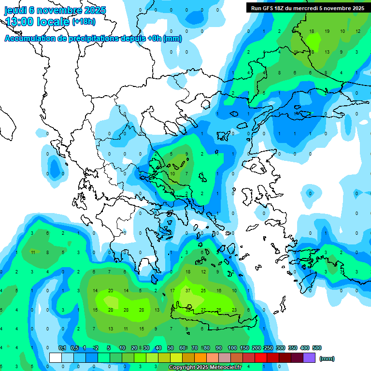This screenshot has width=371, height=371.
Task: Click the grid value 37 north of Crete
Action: click(x=187, y=291)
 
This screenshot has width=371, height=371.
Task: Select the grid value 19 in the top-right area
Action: click(x=327, y=31)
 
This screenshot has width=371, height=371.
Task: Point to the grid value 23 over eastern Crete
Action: click(x=234, y=310)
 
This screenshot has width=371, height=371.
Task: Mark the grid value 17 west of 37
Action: click(x=172, y=291)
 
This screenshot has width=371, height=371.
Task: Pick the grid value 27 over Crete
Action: click(x=203, y=310)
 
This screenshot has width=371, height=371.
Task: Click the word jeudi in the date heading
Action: click(x=15, y=10)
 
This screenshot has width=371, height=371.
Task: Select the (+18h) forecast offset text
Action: click(x=84, y=22)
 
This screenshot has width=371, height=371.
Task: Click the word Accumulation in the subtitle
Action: click(x=30, y=39)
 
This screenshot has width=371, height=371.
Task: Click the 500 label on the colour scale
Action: click(x=317, y=348)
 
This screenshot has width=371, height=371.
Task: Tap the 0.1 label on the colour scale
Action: click(x=62, y=348)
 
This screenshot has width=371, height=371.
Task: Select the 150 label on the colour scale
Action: click(x=244, y=348)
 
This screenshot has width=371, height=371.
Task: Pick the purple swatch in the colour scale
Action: click(x=310, y=358)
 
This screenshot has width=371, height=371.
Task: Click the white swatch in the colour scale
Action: click(x=56, y=358)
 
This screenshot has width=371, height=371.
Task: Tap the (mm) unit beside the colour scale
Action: click(x=327, y=358)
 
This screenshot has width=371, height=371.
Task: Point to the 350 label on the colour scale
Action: click(x=293, y=348)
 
